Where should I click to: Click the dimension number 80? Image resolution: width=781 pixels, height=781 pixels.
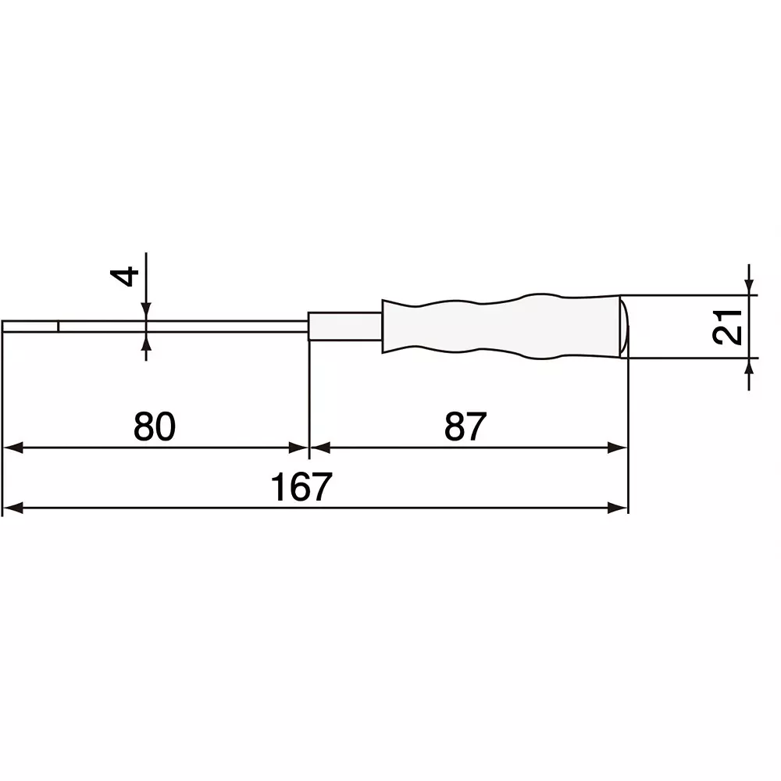click(x=155, y=426)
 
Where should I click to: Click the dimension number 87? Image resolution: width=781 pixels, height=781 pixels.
click(x=465, y=426)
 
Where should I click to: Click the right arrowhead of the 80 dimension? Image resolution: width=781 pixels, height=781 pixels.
click(x=300, y=448)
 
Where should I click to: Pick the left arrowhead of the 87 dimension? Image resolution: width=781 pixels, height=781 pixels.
click(x=320, y=448)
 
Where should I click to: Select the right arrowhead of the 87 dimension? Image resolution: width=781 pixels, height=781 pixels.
click(x=619, y=448)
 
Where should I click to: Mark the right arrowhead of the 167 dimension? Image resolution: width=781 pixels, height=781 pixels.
click(x=619, y=508)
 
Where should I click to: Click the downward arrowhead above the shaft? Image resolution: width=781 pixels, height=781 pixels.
click(x=145, y=312)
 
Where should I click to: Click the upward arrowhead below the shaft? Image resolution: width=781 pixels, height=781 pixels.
click(x=145, y=341)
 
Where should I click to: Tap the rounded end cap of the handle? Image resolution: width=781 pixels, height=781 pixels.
click(x=624, y=326)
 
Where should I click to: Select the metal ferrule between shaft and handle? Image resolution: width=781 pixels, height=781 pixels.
click(x=345, y=326)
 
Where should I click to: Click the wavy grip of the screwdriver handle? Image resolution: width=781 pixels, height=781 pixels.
click(x=500, y=326)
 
